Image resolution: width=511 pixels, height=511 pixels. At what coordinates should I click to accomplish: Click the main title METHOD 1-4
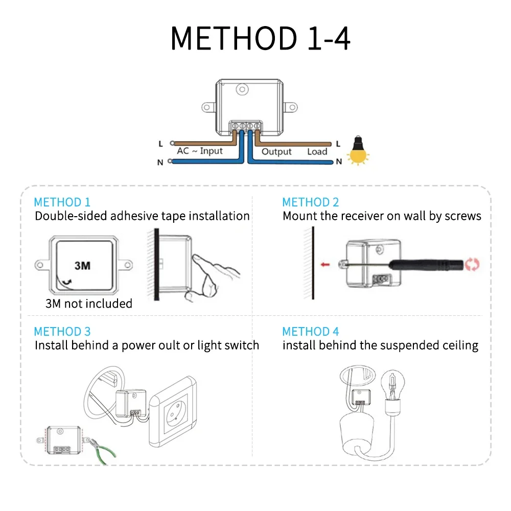coord(260,38)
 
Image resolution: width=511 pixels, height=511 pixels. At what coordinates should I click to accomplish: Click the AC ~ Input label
coord(200,151)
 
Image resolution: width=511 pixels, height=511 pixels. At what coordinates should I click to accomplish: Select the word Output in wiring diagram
coord(276,152)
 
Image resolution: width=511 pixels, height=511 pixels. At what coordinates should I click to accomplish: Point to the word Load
coord(317,152)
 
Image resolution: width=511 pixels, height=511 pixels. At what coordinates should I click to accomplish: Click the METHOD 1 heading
coord(62,202)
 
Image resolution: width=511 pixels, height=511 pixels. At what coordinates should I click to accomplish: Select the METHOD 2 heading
coord(311,202)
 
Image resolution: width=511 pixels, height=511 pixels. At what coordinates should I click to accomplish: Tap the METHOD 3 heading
coord(62,332)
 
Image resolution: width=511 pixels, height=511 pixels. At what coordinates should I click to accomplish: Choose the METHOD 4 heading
coord(311,332)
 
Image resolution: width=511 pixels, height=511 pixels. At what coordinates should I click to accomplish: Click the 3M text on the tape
coord(82,265)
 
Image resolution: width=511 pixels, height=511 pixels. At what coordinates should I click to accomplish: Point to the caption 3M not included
coord(89,304)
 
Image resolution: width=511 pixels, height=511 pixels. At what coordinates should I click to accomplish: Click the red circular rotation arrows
coord(473,265)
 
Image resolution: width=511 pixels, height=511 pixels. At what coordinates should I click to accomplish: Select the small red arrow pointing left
coord(324,265)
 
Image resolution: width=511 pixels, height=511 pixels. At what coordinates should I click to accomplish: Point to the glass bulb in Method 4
coord(393,383)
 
